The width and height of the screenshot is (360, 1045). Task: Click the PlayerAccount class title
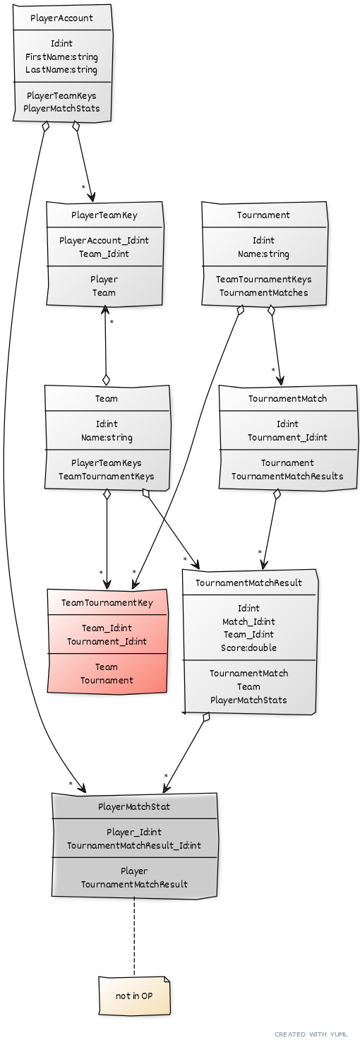pyautogui.click(x=61, y=18)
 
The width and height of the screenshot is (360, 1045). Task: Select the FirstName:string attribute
pyautogui.click(x=61, y=57)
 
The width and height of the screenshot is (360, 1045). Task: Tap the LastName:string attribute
pyautogui.click(x=61, y=70)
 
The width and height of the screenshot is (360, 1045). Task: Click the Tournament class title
pyautogui.click(x=263, y=215)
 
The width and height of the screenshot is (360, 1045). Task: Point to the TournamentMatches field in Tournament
pyautogui.click(x=264, y=293)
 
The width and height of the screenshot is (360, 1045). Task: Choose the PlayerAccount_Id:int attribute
pyautogui.click(x=104, y=241)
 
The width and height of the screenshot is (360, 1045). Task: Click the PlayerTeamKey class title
pyautogui.click(x=104, y=215)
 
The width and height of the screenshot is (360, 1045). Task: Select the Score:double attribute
pyautogui.click(x=249, y=647)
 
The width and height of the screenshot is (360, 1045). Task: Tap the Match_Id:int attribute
pyautogui.click(x=249, y=621)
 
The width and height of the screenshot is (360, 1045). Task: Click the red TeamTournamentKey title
pyautogui.click(x=107, y=603)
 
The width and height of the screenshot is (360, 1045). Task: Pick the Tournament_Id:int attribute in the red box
pyautogui.click(x=107, y=641)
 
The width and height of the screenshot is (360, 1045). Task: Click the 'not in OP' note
pyautogui.click(x=134, y=996)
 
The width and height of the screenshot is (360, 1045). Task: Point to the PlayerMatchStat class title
pyautogui.click(x=134, y=806)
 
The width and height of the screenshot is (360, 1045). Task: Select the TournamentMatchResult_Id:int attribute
pyautogui.click(x=134, y=845)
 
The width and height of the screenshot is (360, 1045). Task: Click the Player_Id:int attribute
pyautogui.click(x=134, y=832)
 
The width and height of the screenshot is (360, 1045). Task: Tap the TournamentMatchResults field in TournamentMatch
pyautogui.click(x=288, y=477)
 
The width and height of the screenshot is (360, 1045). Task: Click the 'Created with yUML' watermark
pyautogui.click(x=311, y=1034)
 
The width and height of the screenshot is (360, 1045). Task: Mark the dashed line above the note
pyautogui.click(x=134, y=936)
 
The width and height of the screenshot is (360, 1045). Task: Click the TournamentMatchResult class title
pyautogui.click(x=249, y=583)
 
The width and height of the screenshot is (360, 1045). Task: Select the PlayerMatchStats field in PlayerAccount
pyautogui.click(x=61, y=109)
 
